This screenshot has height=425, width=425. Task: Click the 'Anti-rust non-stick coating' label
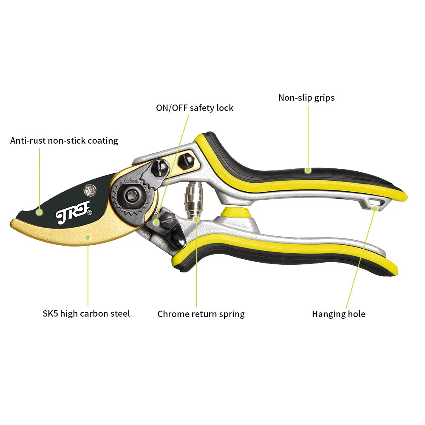click(64, 141)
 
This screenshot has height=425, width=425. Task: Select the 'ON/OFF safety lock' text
click(195, 108)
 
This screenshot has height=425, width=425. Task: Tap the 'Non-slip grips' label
click(306, 98)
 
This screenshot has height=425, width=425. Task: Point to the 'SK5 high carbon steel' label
click(86, 314)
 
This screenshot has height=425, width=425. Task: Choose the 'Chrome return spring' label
click(201, 314)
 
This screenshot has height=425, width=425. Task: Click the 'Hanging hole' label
click(338, 314)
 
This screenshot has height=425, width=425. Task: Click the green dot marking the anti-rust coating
click(39, 211)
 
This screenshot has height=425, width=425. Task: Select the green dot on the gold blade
click(88, 237)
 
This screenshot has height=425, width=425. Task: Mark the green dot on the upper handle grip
click(308, 170)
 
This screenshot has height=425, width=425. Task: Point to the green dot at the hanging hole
click(374, 208)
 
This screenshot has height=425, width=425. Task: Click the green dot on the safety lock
click(156, 222)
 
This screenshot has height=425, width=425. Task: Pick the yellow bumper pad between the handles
click(235, 212)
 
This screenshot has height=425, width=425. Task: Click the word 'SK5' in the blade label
click(51, 314)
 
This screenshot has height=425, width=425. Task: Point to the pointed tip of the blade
click(11, 222)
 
